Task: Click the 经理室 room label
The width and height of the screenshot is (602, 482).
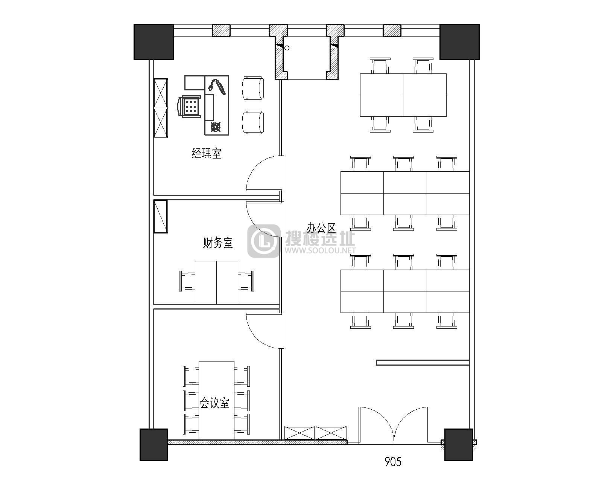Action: (x=207, y=153)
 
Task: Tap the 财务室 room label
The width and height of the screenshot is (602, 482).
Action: (x=217, y=243)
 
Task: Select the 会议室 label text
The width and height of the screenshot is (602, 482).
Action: (x=214, y=403)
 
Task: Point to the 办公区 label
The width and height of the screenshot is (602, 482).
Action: (x=321, y=228)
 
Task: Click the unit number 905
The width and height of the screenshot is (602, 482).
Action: (x=393, y=462)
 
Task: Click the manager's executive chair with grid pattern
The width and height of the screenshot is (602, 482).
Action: (x=189, y=107)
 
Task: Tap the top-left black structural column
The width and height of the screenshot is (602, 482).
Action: (x=154, y=42)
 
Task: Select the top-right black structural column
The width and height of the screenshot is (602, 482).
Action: (x=460, y=42)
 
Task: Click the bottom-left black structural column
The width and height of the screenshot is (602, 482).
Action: (x=154, y=444)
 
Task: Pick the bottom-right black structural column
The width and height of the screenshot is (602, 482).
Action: (x=459, y=444)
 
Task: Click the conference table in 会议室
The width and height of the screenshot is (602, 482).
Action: (x=216, y=400)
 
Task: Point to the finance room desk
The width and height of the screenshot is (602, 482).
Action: (x=216, y=282)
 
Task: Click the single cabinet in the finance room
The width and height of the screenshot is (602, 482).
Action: (x=161, y=216)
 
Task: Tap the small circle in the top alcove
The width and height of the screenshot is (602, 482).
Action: (x=287, y=48)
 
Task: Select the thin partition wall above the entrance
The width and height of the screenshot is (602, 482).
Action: (x=423, y=363)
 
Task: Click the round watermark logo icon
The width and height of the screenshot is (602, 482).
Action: (x=264, y=241)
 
